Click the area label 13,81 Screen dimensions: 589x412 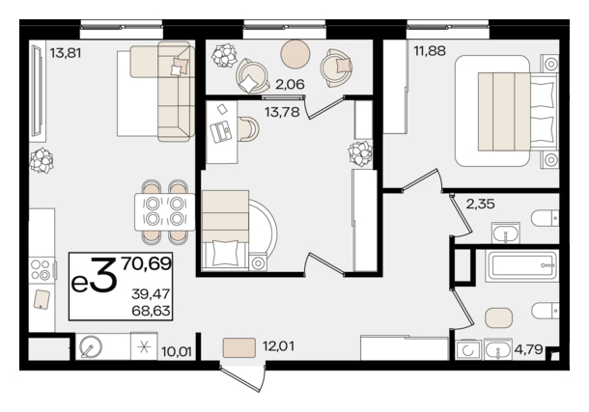(x=66, y=53)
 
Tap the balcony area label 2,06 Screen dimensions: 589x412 (x=290, y=85)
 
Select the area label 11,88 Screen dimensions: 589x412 (x=430, y=50)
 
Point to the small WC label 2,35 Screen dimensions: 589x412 (x=481, y=205)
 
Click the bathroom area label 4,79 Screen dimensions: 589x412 (x=528, y=349)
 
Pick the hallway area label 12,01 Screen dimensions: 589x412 (x=278, y=346)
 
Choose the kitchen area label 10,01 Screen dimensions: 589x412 (x=177, y=351)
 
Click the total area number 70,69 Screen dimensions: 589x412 (x=147, y=263)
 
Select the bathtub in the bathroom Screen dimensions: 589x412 (x=521, y=266)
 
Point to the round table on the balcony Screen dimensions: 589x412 (x=295, y=54)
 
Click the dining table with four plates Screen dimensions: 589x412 (x=165, y=211)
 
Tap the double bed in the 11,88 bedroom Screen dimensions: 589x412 (x=506, y=111)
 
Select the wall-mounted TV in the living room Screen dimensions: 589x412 (x=38, y=91)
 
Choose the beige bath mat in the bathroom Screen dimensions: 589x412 (x=499, y=318)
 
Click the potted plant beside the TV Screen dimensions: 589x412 (x=42, y=160)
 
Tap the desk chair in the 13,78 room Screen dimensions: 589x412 (x=248, y=128)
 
